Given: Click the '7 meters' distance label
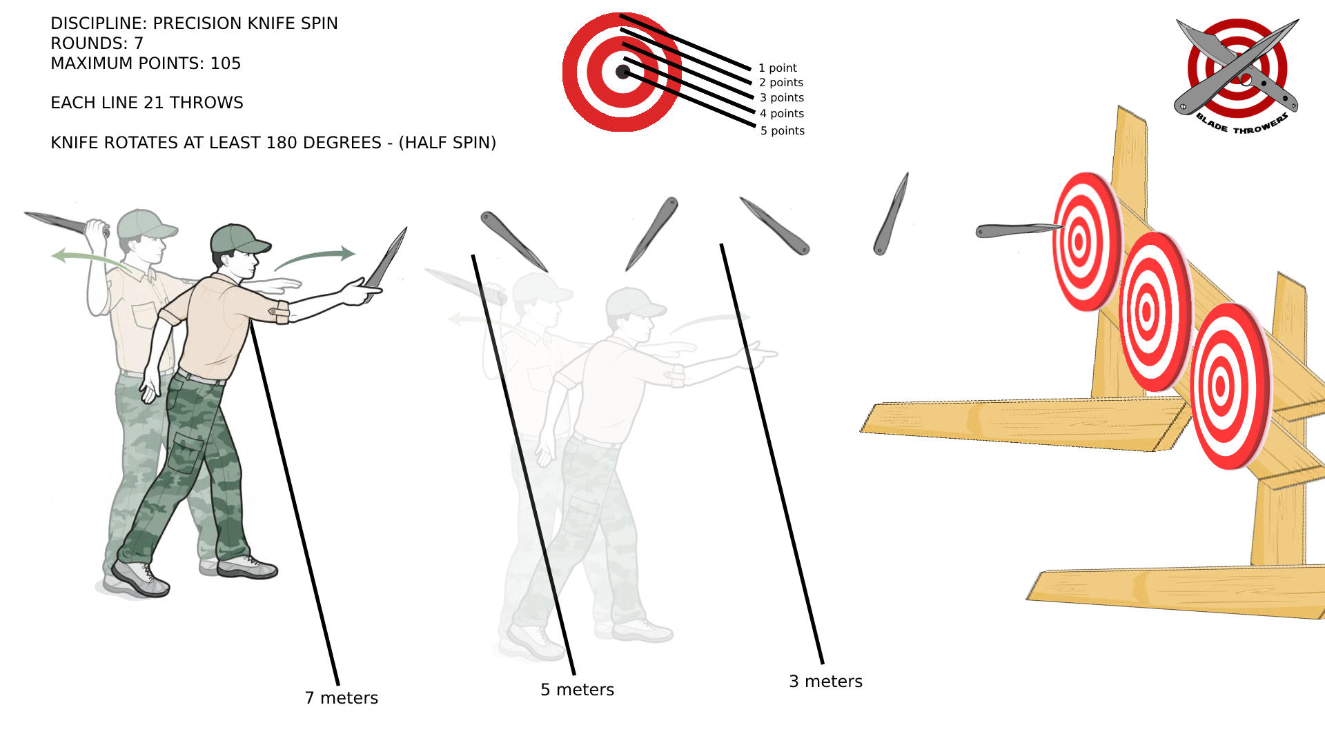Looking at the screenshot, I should (342, 698).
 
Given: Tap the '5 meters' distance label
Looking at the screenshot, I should (577, 690).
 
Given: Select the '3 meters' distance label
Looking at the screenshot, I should (825, 682).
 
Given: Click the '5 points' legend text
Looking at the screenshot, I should (782, 130).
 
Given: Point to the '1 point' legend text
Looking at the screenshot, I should (777, 68).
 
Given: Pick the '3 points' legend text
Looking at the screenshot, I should (781, 97).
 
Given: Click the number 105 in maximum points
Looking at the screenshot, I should (226, 63).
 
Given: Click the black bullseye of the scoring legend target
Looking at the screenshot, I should (622, 72).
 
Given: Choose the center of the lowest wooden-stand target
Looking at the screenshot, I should (1221, 386).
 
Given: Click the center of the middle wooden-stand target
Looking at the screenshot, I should (1147, 312).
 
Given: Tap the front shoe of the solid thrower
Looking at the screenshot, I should (248, 567).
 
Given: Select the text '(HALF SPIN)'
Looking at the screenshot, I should (447, 143).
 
